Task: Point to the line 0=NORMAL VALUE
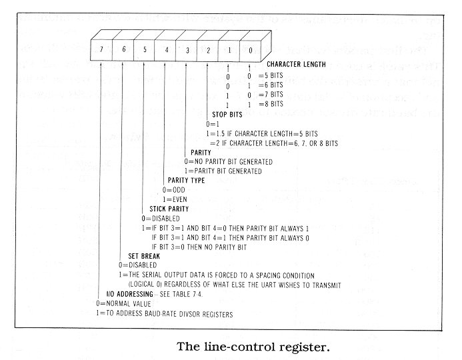tap(125, 304)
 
